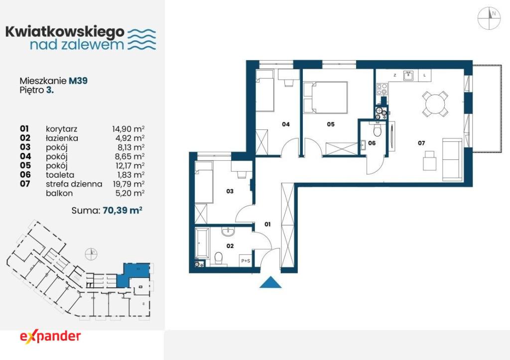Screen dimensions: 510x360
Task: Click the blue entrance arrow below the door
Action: (270, 282)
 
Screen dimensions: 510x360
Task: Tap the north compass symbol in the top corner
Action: (489, 18)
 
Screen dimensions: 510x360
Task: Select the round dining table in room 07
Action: (435, 104)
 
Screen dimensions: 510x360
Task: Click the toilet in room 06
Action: (378, 130)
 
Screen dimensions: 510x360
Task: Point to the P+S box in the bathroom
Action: (246, 260)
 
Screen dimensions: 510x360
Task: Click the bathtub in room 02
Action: (202, 243)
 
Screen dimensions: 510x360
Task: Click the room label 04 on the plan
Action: (286, 124)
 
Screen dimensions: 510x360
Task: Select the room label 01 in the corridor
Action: (267, 224)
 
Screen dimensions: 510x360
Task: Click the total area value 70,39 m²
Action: (123, 210)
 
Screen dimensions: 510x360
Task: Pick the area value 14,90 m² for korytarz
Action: (128, 129)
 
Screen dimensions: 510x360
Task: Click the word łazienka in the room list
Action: (62, 138)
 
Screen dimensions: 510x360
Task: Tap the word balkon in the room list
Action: (59, 193)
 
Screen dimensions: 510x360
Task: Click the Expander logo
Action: (50, 337)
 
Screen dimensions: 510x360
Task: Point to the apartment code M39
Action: (78, 81)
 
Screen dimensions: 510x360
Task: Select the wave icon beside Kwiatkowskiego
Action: (141, 39)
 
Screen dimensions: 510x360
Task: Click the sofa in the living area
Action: (452, 159)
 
